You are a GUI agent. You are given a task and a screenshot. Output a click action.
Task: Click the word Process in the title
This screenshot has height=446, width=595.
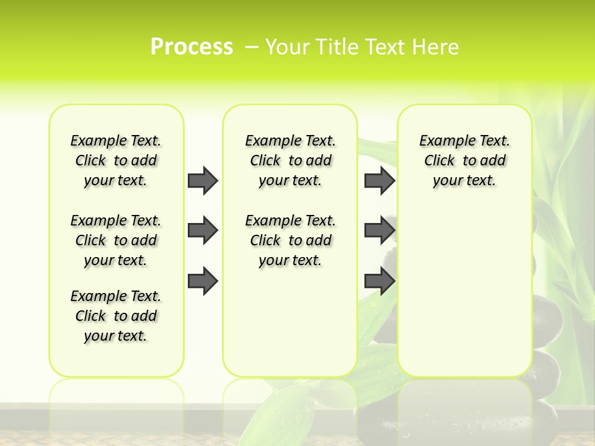[x=192, y=46]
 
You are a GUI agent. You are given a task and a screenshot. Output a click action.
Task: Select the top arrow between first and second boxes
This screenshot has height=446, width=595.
[x=203, y=180]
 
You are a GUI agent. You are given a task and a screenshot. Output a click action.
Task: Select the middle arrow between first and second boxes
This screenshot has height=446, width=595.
[x=203, y=230]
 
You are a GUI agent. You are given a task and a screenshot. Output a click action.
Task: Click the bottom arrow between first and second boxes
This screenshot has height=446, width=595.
[x=203, y=281]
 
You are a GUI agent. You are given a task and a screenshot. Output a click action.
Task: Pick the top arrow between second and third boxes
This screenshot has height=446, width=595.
[x=379, y=180]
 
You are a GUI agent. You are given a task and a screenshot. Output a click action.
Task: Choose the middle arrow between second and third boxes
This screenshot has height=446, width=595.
[x=379, y=230]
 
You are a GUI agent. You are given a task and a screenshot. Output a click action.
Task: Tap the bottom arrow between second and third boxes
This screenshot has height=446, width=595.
[x=379, y=281]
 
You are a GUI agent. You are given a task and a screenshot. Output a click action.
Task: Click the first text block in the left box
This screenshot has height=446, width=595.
[x=116, y=160]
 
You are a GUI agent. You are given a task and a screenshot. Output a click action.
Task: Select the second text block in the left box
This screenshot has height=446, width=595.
[x=116, y=240]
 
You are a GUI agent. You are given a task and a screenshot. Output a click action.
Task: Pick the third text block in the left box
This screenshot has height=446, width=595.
[x=116, y=316]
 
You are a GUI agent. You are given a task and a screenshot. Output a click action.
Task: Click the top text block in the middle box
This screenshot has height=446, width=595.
[x=290, y=160]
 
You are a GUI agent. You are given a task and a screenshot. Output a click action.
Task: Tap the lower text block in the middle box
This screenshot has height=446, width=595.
[x=290, y=240]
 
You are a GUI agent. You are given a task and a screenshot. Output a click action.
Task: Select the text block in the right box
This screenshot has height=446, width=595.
[x=464, y=160]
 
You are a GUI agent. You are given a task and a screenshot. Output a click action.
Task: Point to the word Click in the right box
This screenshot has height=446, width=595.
[x=439, y=161]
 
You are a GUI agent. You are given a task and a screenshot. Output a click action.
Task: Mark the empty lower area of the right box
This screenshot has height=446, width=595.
[x=464, y=291]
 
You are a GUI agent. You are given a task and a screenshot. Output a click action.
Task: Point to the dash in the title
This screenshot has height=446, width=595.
[x=252, y=46]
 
